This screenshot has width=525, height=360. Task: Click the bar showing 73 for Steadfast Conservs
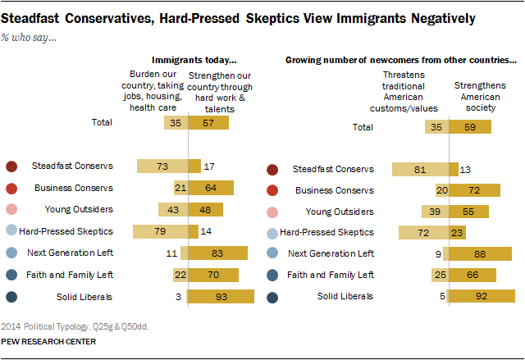click(162, 166)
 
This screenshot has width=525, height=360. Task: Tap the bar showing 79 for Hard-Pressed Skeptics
click(160, 231)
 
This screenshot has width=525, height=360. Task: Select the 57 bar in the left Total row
click(208, 123)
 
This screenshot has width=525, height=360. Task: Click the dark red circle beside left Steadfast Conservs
click(11, 166)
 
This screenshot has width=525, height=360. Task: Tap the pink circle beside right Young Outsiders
click(272, 212)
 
